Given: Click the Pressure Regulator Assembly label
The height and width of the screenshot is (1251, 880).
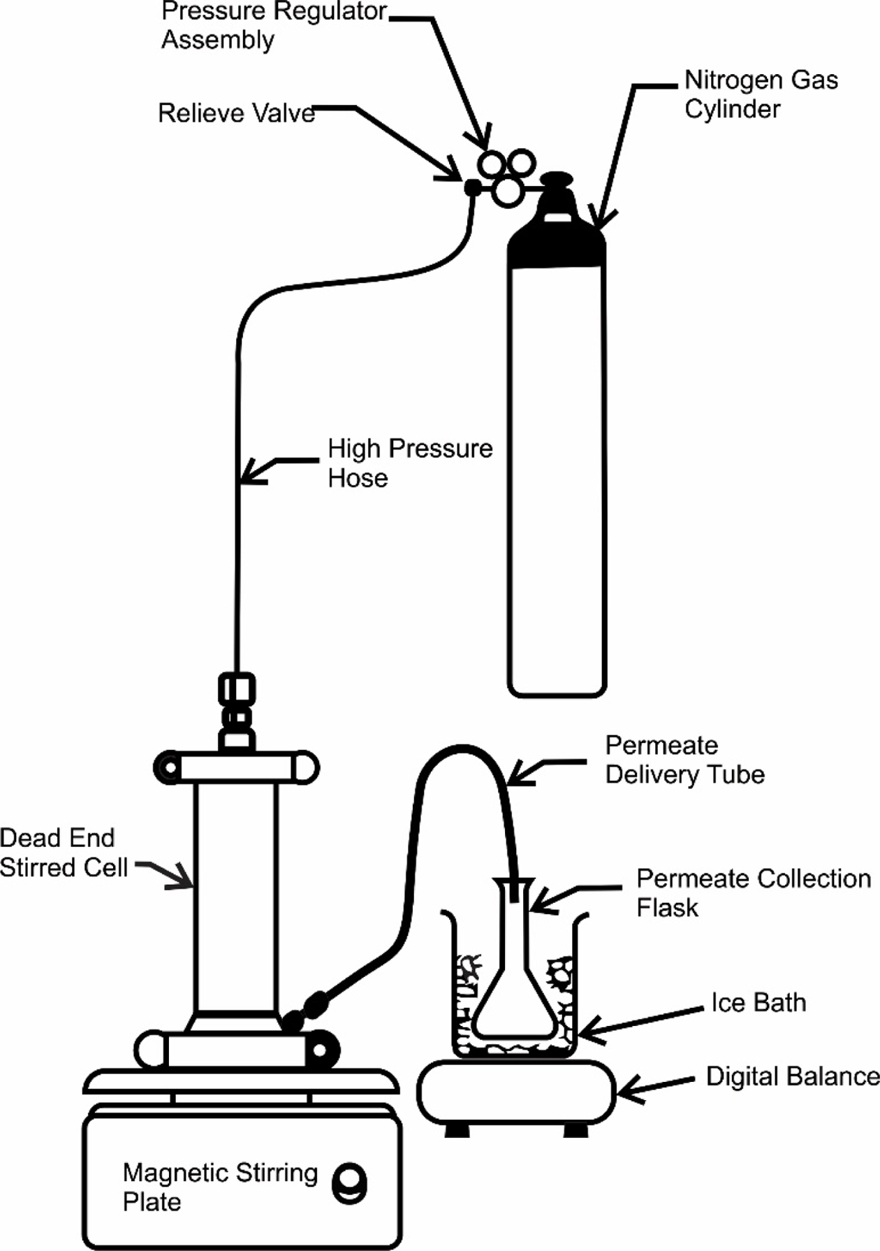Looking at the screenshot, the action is [x=274, y=25].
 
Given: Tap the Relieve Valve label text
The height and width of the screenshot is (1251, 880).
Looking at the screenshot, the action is [x=236, y=113].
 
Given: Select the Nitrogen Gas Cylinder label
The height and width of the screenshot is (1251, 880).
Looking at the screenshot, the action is [x=761, y=94].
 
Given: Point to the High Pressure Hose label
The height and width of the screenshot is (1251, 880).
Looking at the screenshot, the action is [x=410, y=463].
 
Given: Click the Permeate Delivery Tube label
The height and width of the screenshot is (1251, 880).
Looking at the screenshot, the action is [x=684, y=760].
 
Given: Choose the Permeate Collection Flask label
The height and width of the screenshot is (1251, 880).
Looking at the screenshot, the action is [x=754, y=892].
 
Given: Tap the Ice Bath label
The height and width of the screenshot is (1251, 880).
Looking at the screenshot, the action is [x=758, y=1002].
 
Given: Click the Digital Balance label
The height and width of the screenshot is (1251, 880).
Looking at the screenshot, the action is [x=793, y=1076].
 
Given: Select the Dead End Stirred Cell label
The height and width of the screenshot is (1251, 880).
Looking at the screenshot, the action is [x=64, y=853].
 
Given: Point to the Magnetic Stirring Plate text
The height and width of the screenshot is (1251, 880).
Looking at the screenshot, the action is [x=220, y=1187].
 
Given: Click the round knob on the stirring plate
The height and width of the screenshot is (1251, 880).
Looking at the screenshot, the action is [x=350, y=1183].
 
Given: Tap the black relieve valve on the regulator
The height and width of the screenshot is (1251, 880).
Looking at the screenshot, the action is [x=472, y=187].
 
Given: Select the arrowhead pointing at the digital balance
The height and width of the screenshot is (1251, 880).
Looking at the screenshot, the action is [x=630, y=1088].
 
